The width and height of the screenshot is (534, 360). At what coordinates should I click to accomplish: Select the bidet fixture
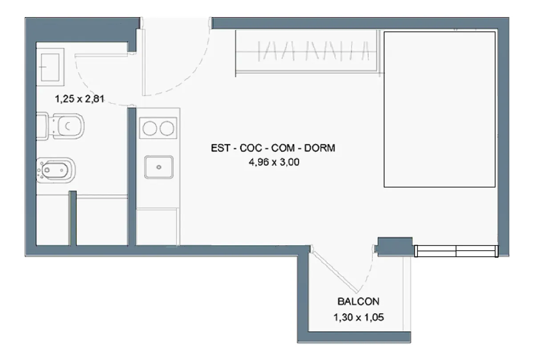coord(56,170)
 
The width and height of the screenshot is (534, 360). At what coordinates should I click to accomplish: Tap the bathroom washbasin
coord(50,67)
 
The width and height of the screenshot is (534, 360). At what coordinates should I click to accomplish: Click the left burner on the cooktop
coord(150,128)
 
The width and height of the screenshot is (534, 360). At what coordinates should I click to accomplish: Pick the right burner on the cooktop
coord(167,128)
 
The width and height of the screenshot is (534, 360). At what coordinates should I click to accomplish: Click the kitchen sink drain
coord(159,167)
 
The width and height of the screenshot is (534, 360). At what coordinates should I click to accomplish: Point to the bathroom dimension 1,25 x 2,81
coord(80,99)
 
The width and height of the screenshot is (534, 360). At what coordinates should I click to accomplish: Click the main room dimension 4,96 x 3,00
coord(274,162)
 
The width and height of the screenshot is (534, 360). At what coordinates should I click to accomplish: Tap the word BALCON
coord(358,302)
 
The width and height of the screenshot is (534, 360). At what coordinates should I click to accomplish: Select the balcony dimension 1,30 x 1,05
coord(359,317)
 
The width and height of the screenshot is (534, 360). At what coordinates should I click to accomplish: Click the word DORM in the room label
coord(320,148)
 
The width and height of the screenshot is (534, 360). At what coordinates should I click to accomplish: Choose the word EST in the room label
coord(221,148)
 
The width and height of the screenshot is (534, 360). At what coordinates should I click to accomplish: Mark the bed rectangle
coord(439,109)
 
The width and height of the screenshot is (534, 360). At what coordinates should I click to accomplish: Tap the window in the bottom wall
coord(456,251)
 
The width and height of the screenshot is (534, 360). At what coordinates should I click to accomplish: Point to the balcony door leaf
coord(334,270)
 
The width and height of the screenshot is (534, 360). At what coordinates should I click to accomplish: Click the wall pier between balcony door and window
coord(395,247)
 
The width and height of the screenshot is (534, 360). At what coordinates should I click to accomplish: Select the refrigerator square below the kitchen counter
coord(156,227)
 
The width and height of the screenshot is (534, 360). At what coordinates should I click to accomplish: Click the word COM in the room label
coord(283,148)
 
